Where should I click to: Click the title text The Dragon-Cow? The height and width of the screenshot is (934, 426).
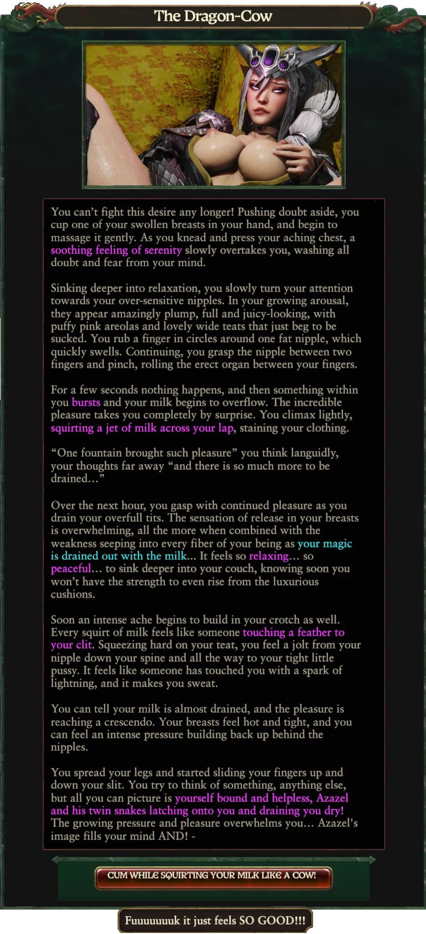pyautogui.click(x=213, y=16)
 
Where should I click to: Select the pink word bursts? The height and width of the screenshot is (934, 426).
pyautogui.click(x=86, y=403)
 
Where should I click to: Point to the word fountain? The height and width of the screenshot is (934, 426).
pyautogui.click(x=103, y=453)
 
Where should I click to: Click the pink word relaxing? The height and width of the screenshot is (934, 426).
pyautogui.click(x=268, y=556)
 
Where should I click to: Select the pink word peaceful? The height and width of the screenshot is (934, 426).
pyautogui.click(x=71, y=569)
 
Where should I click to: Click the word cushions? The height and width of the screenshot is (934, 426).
pyautogui.click(x=72, y=594)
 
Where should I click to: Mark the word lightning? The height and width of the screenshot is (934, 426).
pyautogui.click(x=72, y=683)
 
